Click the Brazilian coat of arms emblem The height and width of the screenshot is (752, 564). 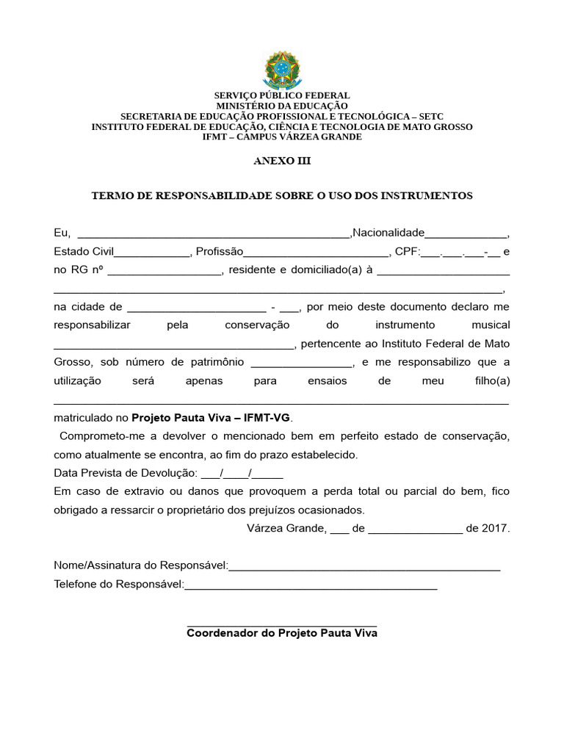pos(282,70)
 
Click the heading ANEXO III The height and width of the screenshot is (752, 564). pos(282,161)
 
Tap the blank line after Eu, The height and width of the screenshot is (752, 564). pos(214,235)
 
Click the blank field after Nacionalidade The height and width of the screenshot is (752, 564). pos(466,235)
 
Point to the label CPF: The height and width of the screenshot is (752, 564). pos(407,252)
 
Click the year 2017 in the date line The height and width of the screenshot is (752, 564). pos(496,528)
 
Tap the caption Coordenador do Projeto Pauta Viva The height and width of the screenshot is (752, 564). pos(282,633)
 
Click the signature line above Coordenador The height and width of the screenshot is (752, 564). pos(282,625)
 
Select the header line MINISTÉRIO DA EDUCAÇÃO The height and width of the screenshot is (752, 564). pos(282,106)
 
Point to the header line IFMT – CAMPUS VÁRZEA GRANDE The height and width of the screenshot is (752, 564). pos(282,137)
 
